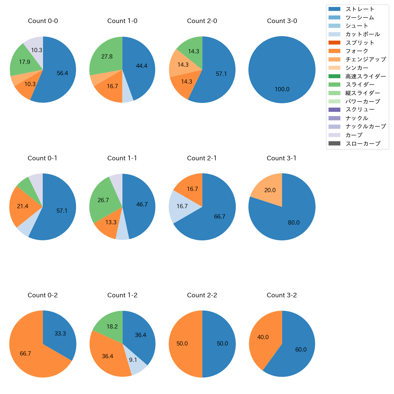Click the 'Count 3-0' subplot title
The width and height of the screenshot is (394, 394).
(282, 21)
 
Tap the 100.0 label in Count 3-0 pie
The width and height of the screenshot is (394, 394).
(282, 89)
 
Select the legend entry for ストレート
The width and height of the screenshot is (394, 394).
(360, 9)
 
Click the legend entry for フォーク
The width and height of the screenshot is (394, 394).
(357, 51)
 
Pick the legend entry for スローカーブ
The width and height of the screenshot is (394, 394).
(363, 144)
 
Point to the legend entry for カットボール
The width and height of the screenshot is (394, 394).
(362, 34)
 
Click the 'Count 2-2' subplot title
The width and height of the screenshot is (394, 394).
(202, 295)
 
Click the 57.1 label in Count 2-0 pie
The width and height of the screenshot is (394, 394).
(221, 74)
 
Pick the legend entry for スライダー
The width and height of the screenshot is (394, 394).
(360, 85)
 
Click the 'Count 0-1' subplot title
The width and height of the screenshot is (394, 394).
(42, 158)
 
